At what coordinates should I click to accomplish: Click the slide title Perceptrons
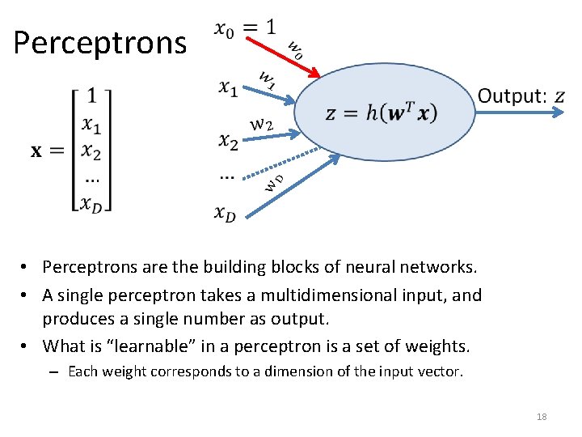pos(99,42)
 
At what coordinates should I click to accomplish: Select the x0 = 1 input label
pos(245,28)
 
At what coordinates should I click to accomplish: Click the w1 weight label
pos(268,78)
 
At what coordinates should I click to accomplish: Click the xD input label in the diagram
pos(226,214)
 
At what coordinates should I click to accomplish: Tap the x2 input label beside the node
pos(228,142)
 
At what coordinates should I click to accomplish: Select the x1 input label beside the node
pos(228,87)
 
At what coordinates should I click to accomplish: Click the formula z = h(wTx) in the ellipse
pos(381,112)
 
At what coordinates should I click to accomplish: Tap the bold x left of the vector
pos(38,151)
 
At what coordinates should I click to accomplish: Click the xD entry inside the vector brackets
pos(91,202)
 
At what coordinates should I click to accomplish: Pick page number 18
pos(542,417)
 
